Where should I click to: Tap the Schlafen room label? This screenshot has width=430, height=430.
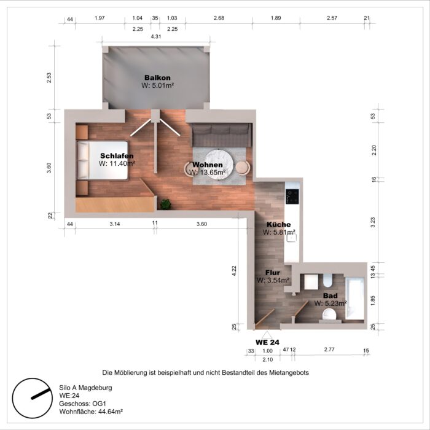pos(117,156)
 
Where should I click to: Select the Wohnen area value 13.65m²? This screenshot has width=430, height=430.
pos(208,173)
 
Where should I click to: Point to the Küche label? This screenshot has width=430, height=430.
pos(278,224)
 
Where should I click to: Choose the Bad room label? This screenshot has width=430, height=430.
pos(330,295)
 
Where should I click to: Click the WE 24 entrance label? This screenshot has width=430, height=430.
pos(267,342)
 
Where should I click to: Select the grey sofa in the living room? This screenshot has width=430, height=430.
pos(220,135)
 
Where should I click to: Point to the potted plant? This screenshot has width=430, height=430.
pos(165,203)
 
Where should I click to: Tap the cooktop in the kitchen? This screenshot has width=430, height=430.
pos(293,197)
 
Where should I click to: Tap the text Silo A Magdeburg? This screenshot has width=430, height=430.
pos(85,388)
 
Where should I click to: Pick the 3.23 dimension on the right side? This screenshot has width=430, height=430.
pos(373,222)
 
